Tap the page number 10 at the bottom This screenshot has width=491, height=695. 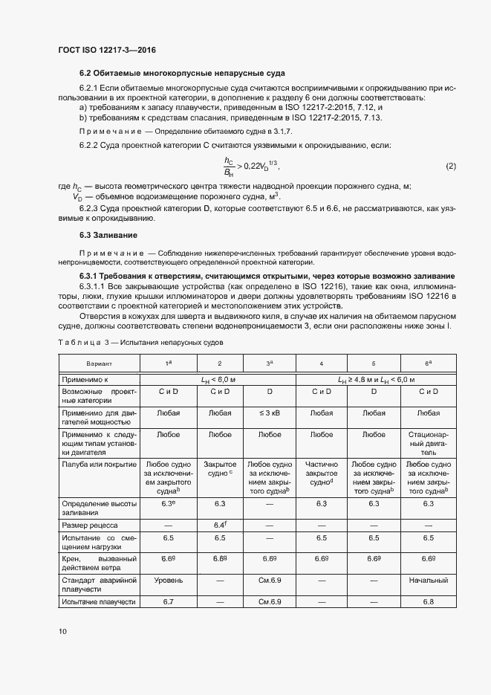(x=62, y=631)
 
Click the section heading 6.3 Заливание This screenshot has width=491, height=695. (x=107, y=235)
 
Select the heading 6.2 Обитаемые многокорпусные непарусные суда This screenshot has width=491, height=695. (x=182, y=73)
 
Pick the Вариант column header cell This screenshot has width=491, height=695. (x=100, y=363)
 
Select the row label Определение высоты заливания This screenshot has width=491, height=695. (x=100, y=508)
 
